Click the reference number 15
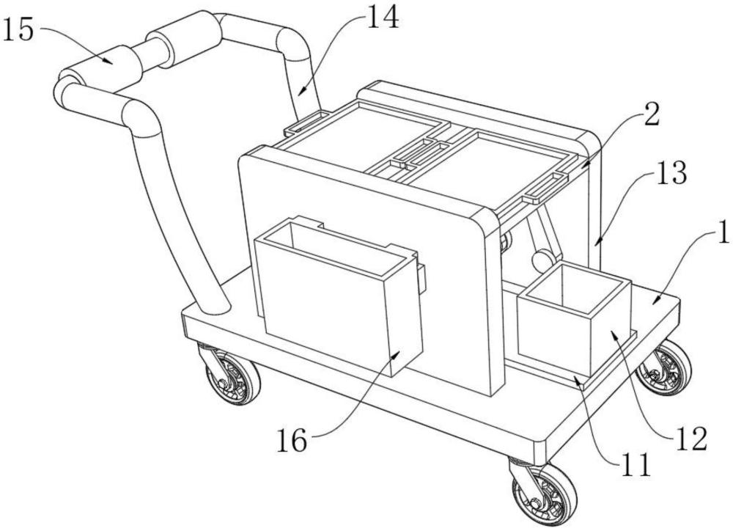pyautogui.click(x=21, y=30)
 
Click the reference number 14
pyautogui.click(x=381, y=18)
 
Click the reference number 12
pyautogui.click(x=690, y=438)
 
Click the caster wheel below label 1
pyautogui.click(x=663, y=367)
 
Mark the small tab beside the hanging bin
pyautogui.click(x=421, y=277)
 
